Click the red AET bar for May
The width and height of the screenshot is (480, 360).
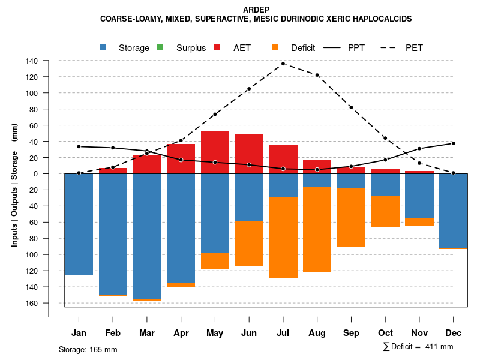[x=215, y=152]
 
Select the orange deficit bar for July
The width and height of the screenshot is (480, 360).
[x=283, y=238]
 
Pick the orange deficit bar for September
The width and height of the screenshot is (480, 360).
[x=352, y=217]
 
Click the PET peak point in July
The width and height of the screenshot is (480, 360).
[x=283, y=64]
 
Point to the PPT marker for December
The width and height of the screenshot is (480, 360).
[x=454, y=143]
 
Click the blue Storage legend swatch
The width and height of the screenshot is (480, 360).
[x=103, y=47]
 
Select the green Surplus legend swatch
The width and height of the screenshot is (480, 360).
[x=160, y=47]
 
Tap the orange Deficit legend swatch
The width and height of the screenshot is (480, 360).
[x=275, y=47]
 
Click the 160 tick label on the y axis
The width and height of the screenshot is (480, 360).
[x=32, y=303]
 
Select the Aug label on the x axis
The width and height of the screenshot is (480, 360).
[x=317, y=333]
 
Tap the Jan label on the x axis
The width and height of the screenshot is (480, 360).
[x=79, y=333]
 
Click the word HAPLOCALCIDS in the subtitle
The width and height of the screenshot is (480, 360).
[x=381, y=19]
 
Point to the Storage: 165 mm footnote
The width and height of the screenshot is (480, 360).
[x=88, y=349]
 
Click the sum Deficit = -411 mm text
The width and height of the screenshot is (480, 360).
[x=418, y=346]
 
